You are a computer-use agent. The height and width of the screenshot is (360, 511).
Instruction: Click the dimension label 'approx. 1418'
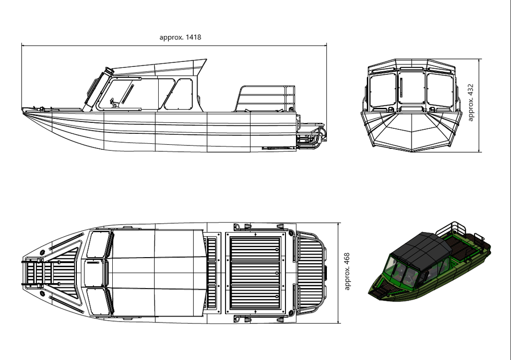[180, 37]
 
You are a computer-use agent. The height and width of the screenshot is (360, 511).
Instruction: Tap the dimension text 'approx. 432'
[470, 102]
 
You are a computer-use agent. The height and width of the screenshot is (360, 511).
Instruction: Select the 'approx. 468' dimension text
[347, 271]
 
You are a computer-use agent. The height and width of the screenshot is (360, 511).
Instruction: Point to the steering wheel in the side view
[113, 102]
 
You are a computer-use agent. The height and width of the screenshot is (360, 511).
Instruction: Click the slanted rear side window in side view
[179, 94]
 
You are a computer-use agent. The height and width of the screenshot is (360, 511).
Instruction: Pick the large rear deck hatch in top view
[255, 273]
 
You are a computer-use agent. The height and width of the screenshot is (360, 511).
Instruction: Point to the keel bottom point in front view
[412, 152]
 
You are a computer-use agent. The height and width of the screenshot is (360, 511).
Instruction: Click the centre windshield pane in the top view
[95, 273]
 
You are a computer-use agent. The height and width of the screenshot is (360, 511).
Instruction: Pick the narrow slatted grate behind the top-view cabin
[212, 273]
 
